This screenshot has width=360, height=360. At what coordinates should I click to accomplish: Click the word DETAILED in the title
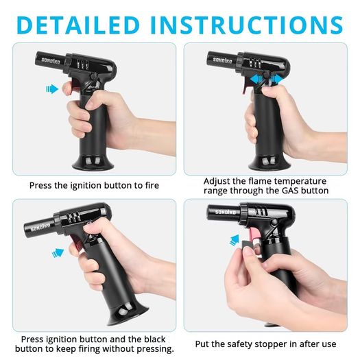click(78, 25)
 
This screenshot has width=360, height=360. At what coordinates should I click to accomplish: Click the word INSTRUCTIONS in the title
click(246, 25)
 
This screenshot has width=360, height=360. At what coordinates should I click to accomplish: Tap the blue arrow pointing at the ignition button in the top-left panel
click(52, 89)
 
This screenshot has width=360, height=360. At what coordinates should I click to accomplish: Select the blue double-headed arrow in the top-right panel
click(267, 80)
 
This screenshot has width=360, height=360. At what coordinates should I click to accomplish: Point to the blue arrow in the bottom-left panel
click(58, 253)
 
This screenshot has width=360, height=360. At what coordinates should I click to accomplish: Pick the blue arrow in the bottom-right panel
click(235, 241)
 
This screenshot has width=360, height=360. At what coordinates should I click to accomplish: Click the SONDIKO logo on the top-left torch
click(51, 61)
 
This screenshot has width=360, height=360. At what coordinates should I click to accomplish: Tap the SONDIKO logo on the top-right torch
click(222, 60)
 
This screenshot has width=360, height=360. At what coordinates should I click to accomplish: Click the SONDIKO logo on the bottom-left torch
click(40, 228)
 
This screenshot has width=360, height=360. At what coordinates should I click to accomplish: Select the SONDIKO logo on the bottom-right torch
click(226, 212)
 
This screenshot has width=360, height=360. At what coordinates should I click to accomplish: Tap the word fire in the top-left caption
click(152, 185)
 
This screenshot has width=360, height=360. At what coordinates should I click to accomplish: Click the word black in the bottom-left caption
click(155, 339)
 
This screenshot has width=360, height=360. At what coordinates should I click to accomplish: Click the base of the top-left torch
click(93, 163)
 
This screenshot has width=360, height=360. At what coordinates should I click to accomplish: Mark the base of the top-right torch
click(270, 163)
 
